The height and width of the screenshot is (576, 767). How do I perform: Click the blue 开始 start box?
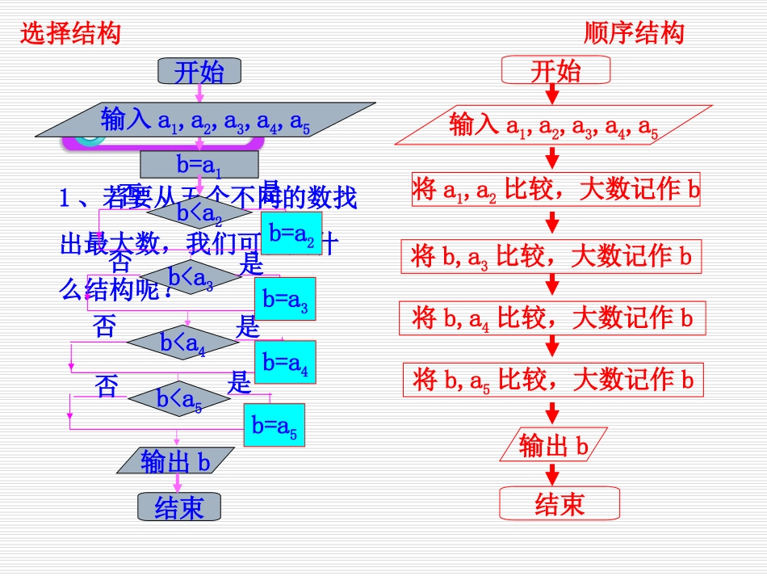pos(199,72)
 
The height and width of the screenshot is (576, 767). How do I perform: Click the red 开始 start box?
pos(555,70)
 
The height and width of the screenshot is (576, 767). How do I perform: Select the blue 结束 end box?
pos(178,507)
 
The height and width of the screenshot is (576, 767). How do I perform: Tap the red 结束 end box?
pos(559,504)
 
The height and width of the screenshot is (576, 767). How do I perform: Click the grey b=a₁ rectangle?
pos(199,165)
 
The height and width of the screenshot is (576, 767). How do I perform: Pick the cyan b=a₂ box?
pos(291,233)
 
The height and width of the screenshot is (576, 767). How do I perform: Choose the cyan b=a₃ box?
pos(285,298)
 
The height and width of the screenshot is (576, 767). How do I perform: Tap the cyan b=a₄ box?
pos(285,362)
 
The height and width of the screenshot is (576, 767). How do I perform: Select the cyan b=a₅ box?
pos(275,425)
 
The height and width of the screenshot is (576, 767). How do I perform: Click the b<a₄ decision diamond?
pos(183,343)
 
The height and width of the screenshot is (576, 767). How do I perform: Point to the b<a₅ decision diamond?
pos(179,397)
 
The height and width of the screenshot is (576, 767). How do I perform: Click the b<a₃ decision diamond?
pos(191,279)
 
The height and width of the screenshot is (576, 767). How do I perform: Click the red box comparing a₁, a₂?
pos(556,189)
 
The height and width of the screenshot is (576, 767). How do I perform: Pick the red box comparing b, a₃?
pos(551,256)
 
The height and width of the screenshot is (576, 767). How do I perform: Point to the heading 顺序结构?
pos(634,32)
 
